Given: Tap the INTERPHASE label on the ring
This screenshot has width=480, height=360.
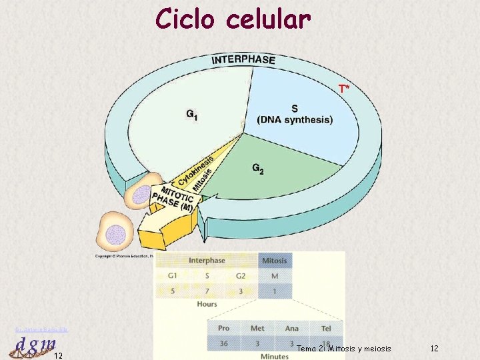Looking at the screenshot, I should (243, 60).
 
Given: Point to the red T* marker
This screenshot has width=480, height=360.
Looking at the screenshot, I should (343, 88).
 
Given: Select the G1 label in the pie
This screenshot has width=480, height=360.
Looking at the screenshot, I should (192, 115).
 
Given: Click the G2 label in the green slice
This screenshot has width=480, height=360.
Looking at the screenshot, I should (257, 169).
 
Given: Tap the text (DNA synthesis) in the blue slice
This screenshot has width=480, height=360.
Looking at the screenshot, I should (295, 120).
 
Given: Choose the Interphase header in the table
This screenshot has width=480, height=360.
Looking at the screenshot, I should (207, 261).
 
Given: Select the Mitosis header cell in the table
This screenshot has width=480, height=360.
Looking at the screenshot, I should (275, 261).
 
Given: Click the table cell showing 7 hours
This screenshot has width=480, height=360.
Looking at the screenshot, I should (207, 291).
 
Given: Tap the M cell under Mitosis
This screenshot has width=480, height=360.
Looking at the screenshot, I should (275, 276).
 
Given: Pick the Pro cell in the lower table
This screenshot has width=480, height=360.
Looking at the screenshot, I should (224, 329).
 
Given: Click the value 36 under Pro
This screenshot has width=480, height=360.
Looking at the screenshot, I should (224, 343).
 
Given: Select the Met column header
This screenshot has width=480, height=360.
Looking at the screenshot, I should (257, 329).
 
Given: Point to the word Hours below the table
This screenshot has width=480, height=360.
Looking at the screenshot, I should (207, 305).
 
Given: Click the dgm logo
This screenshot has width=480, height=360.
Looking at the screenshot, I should (31, 345).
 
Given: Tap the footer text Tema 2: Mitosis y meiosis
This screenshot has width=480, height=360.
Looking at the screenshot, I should (343, 349).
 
